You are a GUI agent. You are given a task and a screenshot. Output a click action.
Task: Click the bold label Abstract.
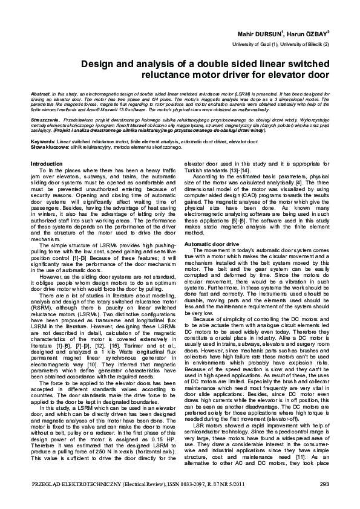pyautogui.click(x=41, y=96)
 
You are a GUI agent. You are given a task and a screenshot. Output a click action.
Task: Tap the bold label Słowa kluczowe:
pyautogui.click(x=48, y=146)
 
